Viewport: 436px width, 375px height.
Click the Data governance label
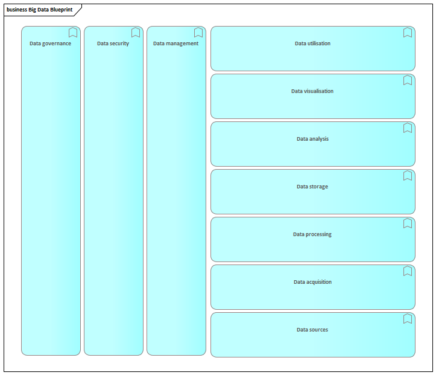coord(50,43)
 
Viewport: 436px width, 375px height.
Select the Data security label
coord(113,43)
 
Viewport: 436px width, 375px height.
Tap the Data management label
coord(175,43)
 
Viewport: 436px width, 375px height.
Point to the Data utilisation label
coord(312,43)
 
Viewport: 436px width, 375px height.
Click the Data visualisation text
coord(312,91)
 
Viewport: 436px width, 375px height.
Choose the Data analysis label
coord(312,139)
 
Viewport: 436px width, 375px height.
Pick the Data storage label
coord(312,187)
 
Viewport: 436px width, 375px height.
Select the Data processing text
coord(312,234)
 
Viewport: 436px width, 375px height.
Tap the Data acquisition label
coord(312,282)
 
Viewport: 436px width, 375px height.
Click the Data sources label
coord(312,330)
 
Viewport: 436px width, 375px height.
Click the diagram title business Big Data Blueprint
coord(39,10)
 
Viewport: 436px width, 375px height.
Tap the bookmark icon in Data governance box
coord(73,32)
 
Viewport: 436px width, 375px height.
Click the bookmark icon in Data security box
coord(136,32)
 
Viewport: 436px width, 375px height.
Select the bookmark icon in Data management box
coord(198,32)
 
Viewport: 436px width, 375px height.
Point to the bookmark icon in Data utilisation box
coord(408,32)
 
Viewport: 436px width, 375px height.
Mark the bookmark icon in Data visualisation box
coord(408,80)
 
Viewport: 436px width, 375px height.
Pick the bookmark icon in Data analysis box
coord(408,128)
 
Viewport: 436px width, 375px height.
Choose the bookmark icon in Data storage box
coord(408,175)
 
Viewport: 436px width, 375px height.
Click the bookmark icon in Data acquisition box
coord(408,271)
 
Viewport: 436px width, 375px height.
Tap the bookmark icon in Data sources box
coord(408,318)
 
